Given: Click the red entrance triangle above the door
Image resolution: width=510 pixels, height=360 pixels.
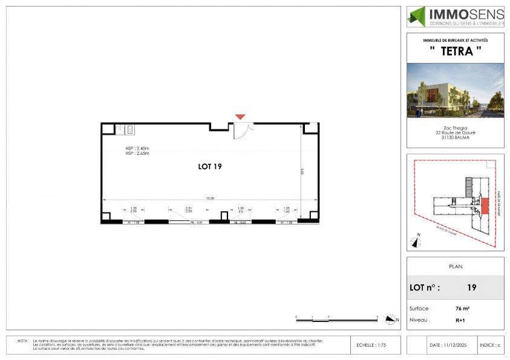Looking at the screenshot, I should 240,116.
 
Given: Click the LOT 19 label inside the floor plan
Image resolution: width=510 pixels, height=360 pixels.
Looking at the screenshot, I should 209,166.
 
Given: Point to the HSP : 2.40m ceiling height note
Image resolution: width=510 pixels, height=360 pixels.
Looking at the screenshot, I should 137,148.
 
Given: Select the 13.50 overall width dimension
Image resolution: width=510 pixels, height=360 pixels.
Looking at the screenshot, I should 209,198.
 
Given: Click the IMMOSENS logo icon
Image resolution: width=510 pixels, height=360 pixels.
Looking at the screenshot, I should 417,16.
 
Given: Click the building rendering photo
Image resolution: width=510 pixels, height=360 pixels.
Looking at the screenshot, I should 455,90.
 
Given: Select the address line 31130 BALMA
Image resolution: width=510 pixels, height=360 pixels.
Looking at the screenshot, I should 455,137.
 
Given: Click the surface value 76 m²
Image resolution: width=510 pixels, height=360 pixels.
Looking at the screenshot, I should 462,308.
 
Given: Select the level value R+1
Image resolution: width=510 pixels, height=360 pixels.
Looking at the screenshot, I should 460,319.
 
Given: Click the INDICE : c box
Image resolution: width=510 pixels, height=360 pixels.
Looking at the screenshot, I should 491,345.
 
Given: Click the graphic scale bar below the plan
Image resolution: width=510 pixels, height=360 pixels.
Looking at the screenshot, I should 336,317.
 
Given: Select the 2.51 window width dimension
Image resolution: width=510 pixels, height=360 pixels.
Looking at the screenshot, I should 188,208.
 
